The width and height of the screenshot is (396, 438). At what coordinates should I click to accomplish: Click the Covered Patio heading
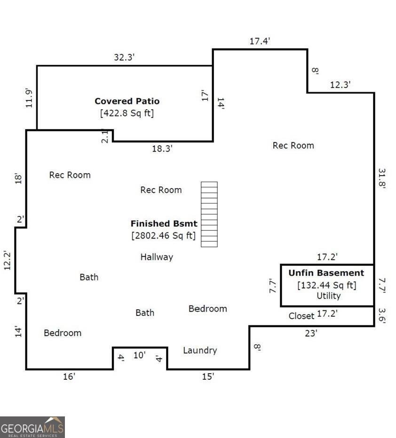click(127, 101)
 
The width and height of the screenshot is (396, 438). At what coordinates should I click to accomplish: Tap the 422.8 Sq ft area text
click(127, 113)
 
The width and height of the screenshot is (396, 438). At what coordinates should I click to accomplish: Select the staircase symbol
click(209, 214)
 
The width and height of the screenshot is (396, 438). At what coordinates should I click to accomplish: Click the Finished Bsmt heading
click(164, 223)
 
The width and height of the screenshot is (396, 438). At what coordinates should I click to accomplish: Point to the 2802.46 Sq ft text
click(164, 235)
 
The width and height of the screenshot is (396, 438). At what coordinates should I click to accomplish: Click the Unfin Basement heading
click(326, 273)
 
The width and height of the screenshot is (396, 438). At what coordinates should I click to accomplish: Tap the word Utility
click(328, 296)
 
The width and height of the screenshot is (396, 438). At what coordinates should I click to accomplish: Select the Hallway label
click(157, 257)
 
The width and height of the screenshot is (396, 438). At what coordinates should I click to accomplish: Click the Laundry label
click(200, 350)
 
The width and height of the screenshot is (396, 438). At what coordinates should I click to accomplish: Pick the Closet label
click(301, 316)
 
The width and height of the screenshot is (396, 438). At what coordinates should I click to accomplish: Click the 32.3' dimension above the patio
click(125, 57)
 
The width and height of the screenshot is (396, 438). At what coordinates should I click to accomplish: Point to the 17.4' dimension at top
click(260, 41)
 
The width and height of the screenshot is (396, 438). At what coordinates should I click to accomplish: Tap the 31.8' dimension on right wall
click(381, 178)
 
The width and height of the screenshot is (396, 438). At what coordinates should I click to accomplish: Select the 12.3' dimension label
click(340, 85)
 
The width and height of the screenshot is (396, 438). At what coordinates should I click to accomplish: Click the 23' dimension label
click(311, 333)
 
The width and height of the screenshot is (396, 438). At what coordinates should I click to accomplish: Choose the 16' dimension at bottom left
click(69, 377)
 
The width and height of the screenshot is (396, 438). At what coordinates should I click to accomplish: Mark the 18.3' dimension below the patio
click(162, 149)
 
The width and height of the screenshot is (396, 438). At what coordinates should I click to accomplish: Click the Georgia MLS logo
click(32, 427)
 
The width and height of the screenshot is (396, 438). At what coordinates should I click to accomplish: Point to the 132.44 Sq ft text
click(327, 285)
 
